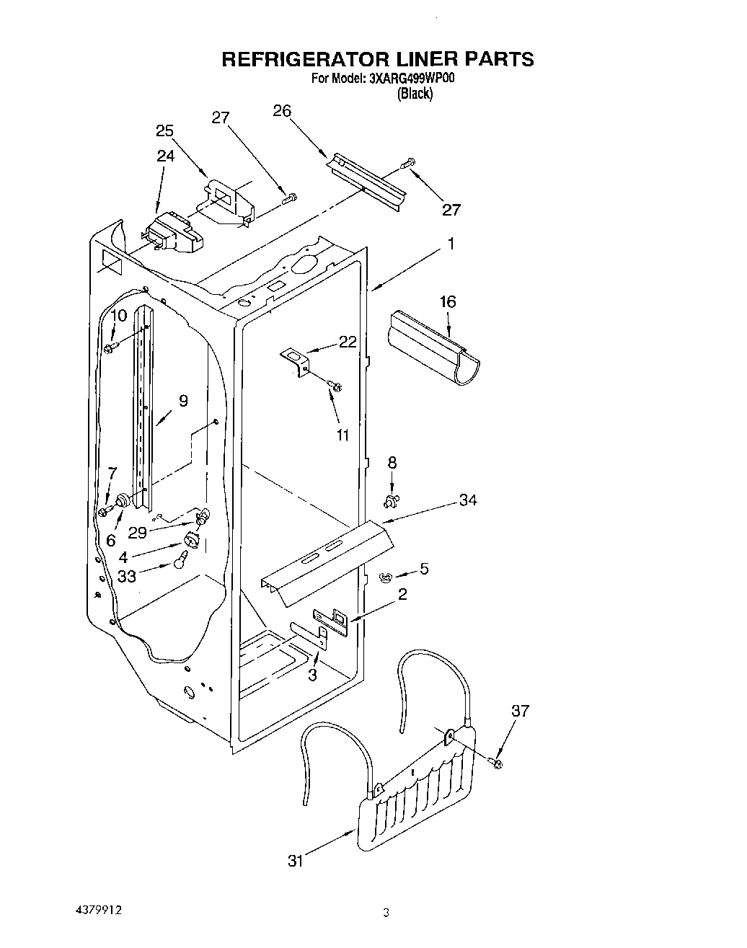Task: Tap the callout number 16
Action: (448, 301)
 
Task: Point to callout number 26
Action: (282, 110)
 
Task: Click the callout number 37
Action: (519, 711)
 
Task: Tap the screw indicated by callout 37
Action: (497, 761)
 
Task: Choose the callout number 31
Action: (296, 861)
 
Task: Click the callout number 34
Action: (468, 500)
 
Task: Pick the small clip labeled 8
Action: (392, 500)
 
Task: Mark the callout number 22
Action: (348, 342)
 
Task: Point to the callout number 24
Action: (166, 155)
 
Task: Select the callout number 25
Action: (165, 130)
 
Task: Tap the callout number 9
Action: (183, 401)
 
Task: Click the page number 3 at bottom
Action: (386, 913)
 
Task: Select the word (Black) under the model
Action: (415, 94)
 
